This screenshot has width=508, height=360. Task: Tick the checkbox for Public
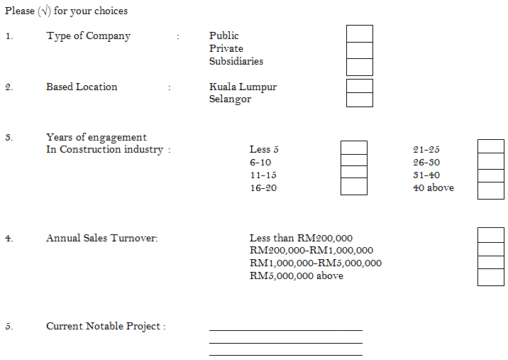(x=359, y=34)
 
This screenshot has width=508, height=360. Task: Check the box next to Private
(x=359, y=50)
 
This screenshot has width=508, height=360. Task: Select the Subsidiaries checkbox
(x=359, y=67)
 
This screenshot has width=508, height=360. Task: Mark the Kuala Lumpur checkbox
(x=359, y=86)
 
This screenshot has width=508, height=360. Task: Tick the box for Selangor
(x=359, y=99)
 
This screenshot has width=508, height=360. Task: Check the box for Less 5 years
(x=354, y=147)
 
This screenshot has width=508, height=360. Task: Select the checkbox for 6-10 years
(x=354, y=160)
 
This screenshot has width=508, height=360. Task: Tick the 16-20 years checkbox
(x=354, y=187)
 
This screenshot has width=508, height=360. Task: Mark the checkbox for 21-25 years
(x=491, y=146)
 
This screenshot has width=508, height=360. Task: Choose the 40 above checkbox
(x=491, y=190)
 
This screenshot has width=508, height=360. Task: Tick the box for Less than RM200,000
(x=491, y=235)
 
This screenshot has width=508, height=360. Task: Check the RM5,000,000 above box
(x=491, y=278)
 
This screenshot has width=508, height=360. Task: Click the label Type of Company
(x=89, y=36)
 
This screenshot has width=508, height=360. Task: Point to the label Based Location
(x=82, y=87)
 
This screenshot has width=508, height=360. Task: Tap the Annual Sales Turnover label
(x=101, y=239)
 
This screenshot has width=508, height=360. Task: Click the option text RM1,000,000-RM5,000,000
(x=316, y=263)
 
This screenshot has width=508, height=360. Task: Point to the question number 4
(x=9, y=239)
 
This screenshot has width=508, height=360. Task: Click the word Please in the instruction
(x=19, y=11)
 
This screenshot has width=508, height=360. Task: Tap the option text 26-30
(x=426, y=163)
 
